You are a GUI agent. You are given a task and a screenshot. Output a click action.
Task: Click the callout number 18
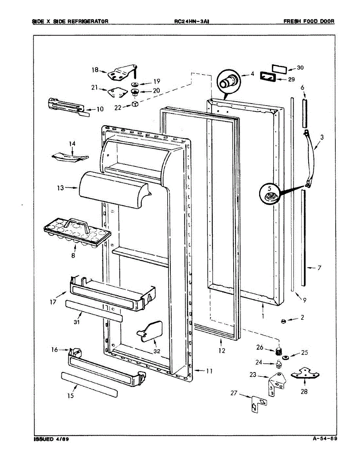(95, 70)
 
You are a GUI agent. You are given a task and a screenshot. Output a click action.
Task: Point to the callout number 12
(222, 351)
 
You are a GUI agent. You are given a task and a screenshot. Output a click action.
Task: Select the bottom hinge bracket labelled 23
(276, 383)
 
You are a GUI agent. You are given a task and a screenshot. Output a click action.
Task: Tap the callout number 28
(304, 391)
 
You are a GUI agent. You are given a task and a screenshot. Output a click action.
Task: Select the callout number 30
(300, 68)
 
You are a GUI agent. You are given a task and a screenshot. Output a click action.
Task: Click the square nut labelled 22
(134, 104)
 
